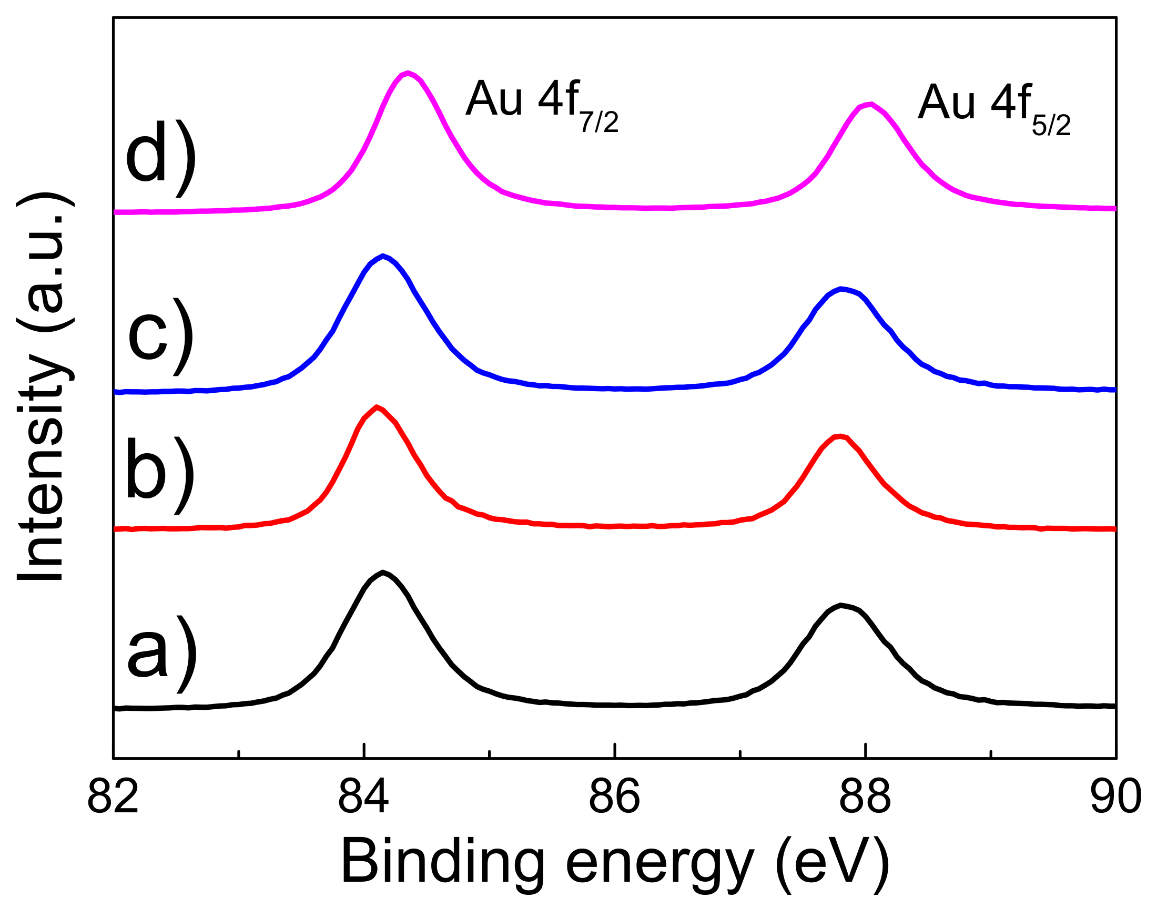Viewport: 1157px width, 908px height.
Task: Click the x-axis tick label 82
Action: (x=113, y=797)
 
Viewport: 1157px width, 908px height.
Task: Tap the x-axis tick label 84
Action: (x=364, y=797)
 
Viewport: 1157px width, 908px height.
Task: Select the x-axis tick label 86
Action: (x=614, y=797)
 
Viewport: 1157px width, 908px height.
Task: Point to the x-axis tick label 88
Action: (x=865, y=797)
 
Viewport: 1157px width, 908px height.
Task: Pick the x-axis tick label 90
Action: (x=1115, y=797)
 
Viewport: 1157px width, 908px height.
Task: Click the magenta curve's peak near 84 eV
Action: (x=408, y=73)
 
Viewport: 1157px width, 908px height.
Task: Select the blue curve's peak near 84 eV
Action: (x=383, y=256)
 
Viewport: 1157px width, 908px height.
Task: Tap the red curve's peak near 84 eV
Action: (x=377, y=407)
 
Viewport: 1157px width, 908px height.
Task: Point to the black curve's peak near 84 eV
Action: (x=383, y=572)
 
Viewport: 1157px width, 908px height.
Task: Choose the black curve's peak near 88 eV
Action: (x=840, y=605)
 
